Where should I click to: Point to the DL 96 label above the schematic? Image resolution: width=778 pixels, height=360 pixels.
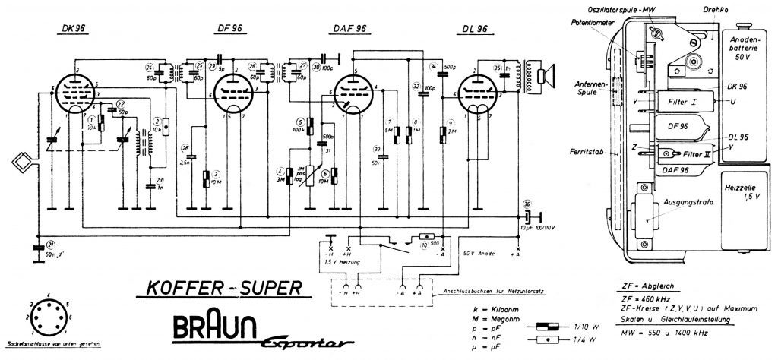pyautogui.click(x=474, y=30)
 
